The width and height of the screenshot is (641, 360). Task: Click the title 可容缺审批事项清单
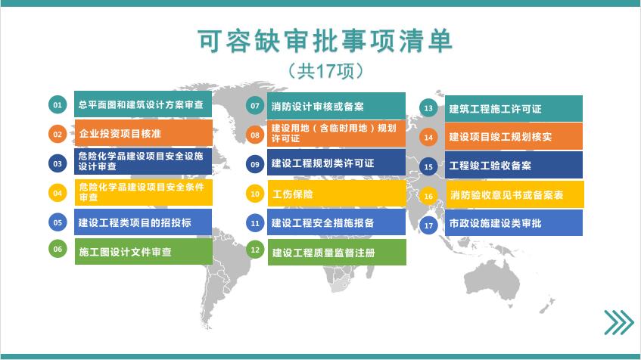click(x=325, y=41)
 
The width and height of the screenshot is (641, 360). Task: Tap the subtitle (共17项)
click(x=325, y=71)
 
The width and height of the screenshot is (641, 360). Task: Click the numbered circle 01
click(x=58, y=104)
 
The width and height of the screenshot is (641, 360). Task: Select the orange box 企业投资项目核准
click(x=144, y=133)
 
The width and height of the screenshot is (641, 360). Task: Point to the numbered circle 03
click(x=58, y=163)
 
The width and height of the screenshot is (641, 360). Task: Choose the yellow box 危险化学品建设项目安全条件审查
click(x=144, y=192)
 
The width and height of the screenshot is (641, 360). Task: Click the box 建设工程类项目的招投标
click(x=143, y=222)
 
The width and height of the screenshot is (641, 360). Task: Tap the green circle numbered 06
click(x=58, y=249)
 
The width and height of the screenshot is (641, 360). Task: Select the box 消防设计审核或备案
click(x=336, y=105)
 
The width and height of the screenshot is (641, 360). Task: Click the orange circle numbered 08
click(x=255, y=135)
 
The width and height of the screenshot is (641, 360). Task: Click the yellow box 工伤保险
click(x=337, y=194)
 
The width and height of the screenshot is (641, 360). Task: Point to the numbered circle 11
click(x=255, y=223)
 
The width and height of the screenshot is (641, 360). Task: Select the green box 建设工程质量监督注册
click(x=337, y=252)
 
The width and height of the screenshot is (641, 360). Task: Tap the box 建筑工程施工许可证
click(x=513, y=108)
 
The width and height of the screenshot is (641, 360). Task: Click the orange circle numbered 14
click(x=428, y=138)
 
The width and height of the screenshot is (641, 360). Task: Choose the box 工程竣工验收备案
click(x=513, y=165)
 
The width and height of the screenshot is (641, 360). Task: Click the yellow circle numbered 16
click(x=428, y=196)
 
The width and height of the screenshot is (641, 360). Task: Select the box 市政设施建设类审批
click(x=513, y=222)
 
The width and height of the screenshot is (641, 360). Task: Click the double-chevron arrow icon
click(x=619, y=322)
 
